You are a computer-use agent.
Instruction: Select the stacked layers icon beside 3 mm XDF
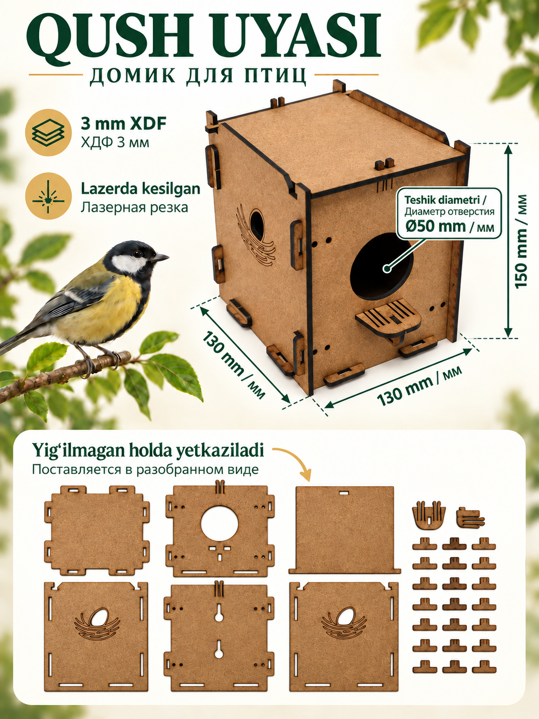click(49, 133)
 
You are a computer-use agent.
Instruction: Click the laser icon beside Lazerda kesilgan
click(49, 196)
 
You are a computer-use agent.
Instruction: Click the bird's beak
click(161, 258)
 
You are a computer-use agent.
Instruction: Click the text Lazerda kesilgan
click(140, 189)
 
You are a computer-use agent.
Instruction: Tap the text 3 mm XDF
click(124, 125)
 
